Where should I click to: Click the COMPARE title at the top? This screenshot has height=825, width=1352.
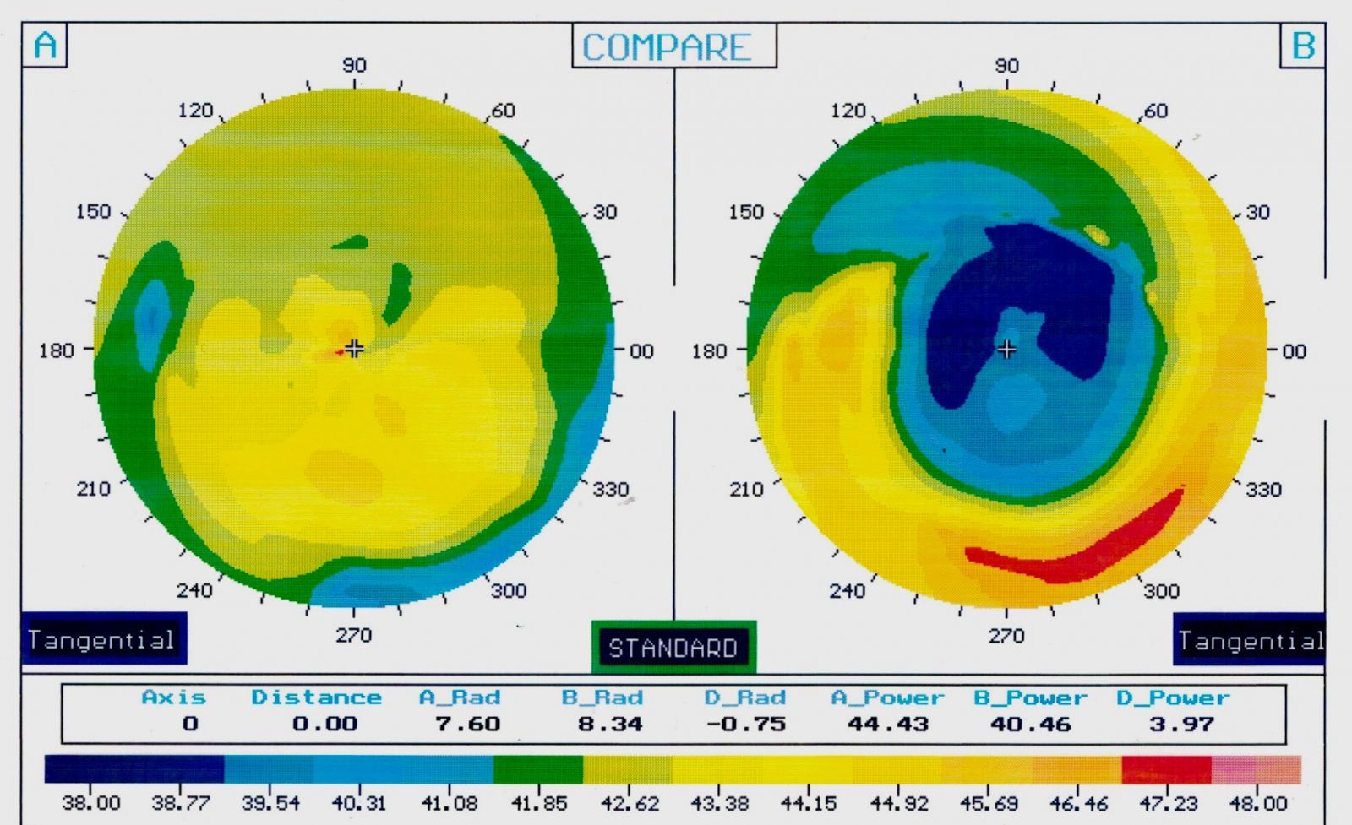pos(667,47)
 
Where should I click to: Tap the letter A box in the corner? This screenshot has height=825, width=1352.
pos(46,45)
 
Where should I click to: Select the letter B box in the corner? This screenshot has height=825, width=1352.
pos(1302,45)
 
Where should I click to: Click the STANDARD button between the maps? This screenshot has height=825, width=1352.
pos(673,648)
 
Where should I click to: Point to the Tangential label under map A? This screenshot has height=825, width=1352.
pos(101,639)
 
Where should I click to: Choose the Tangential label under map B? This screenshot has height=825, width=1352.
pos(1250,641)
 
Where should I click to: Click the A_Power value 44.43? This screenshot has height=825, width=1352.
pos(887,724)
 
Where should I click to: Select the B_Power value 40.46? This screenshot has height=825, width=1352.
pos(1030,724)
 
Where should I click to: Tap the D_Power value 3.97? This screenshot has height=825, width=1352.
pos(1180,724)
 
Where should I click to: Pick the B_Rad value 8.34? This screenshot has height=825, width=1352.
pos(609,724)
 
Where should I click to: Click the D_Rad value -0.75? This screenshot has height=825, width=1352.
pos(746,724)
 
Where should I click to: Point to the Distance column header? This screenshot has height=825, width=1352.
pos(316,697)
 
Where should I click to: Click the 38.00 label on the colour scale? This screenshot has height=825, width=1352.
pos(91,802)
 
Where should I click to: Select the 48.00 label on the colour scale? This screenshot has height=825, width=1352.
pos(1258,802)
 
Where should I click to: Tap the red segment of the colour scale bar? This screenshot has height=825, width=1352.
pos(1166,769)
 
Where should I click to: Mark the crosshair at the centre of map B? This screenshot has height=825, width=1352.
pos(1006,349)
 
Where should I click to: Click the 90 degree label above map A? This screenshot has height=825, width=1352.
pos(354,65)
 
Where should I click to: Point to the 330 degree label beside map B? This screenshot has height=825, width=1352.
pos(1263,489)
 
